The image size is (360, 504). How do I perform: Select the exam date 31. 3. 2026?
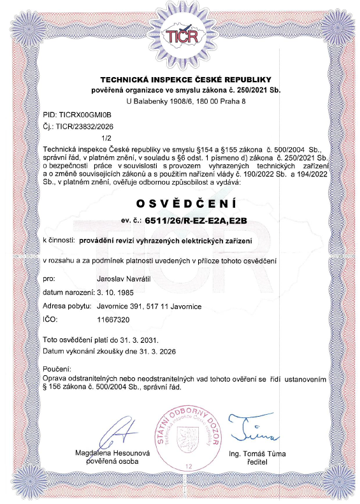click(148, 351)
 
